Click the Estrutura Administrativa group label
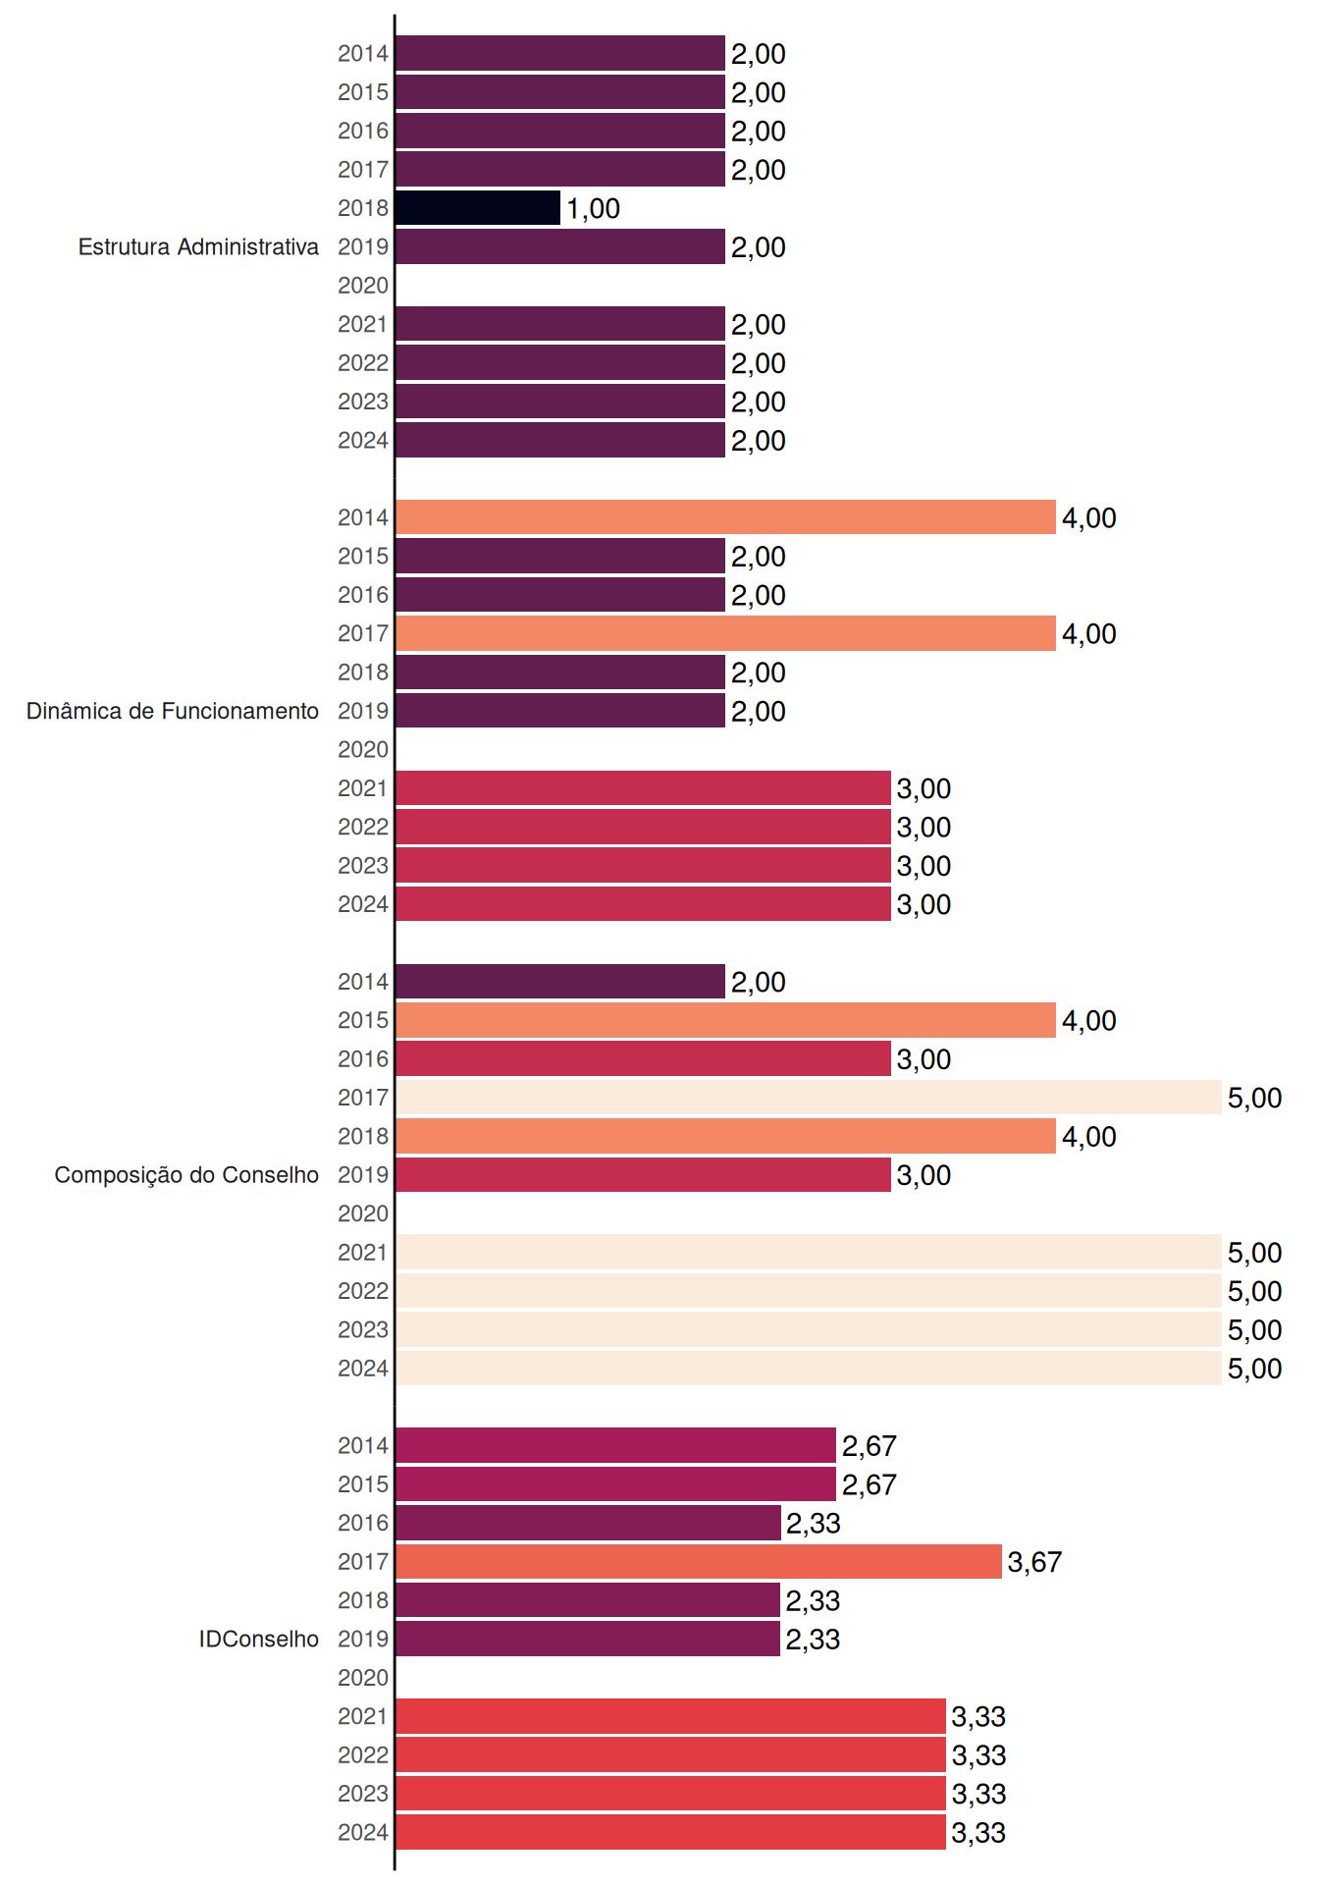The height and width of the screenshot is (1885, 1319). point(198,246)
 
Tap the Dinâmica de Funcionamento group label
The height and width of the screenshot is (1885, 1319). point(173,711)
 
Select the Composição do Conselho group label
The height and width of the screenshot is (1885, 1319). point(186,1175)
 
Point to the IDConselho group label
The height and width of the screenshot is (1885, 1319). point(259,1639)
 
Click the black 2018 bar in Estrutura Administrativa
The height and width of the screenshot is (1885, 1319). point(478,208)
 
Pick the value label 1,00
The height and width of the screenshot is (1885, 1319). point(593,208)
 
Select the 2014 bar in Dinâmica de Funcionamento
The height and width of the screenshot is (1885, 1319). point(726,517)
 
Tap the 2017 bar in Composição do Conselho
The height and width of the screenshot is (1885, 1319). point(809,1098)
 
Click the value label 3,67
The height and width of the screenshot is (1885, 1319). point(1034,1562)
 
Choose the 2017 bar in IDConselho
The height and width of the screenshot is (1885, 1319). point(699,1562)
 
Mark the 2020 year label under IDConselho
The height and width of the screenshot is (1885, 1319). point(363,1678)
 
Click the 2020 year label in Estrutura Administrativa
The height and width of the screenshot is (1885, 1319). point(363,286)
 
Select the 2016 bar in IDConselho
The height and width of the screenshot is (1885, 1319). point(589,1523)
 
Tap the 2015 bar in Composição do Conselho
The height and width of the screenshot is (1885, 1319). point(726,1020)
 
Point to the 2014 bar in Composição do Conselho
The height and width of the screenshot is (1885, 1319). point(560,982)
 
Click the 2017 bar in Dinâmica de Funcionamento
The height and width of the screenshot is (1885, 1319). point(726,633)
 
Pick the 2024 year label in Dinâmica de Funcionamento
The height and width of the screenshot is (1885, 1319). point(363,904)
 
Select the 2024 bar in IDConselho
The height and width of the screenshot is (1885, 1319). point(671,1832)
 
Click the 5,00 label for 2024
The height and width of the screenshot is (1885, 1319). point(1254,1369)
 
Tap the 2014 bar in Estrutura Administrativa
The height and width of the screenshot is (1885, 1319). point(560,53)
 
